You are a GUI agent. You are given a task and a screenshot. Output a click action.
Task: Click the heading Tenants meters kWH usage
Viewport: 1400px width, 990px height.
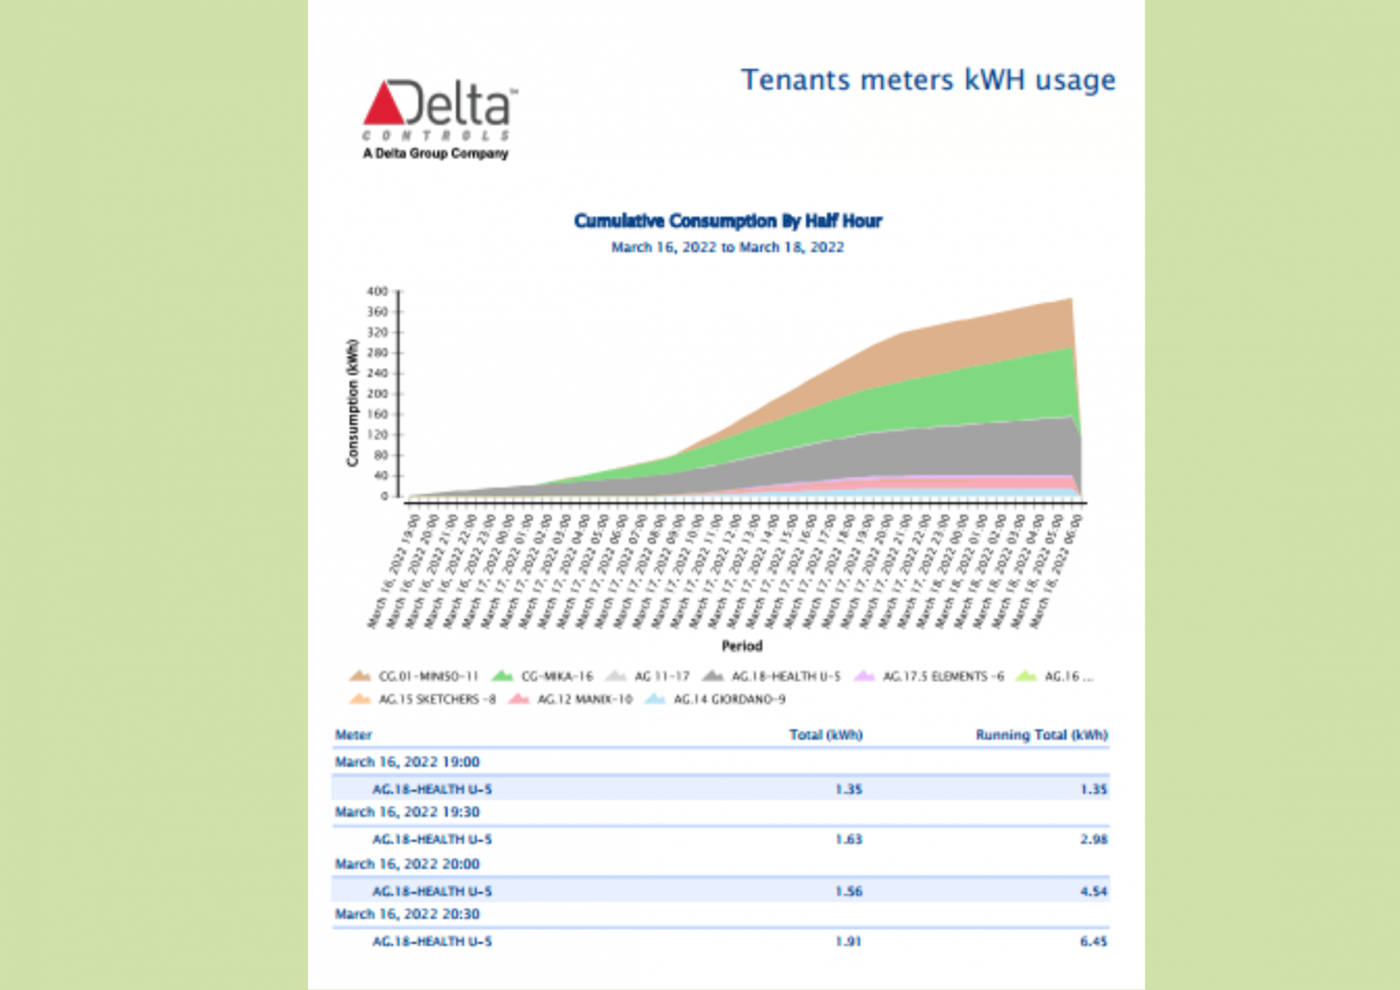[x=927, y=80]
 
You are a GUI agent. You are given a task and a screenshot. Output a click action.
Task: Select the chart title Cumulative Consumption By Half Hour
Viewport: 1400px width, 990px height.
[x=727, y=221]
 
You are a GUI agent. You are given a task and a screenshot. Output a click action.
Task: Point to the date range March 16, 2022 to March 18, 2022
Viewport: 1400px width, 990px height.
[x=727, y=247]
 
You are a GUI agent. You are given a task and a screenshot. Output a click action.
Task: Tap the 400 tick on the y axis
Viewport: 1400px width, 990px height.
[x=377, y=292]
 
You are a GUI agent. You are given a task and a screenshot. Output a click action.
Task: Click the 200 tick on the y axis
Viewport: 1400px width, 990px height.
[x=377, y=394]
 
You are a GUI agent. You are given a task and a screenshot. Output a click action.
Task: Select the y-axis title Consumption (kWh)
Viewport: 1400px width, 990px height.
[x=353, y=403]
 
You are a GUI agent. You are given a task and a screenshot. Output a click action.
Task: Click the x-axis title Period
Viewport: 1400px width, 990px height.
[x=742, y=645]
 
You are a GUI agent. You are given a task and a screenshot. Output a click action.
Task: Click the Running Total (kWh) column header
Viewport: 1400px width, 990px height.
[x=1042, y=735]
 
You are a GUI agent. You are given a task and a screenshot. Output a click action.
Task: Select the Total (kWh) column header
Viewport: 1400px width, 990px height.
[x=826, y=735]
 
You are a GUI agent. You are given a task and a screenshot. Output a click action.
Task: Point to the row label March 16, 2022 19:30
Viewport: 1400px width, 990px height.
[x=407, y=812]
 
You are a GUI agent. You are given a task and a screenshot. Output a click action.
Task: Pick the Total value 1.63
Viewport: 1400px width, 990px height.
[x=849, y=840]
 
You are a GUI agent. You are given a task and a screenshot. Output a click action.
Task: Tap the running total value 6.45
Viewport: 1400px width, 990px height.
[x=1094, y=942]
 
